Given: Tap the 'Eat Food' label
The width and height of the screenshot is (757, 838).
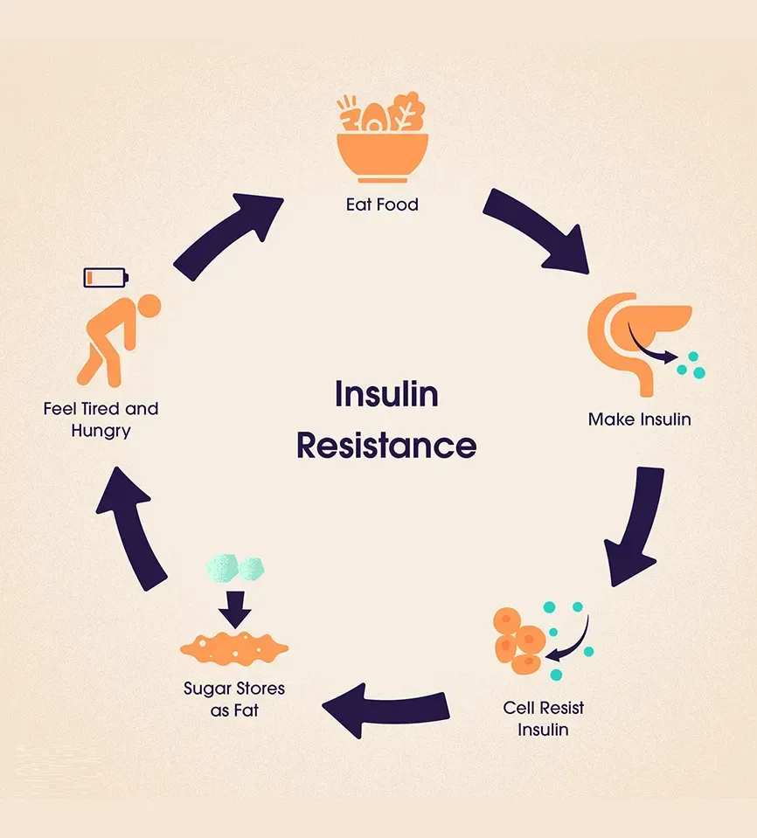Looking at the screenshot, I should pyautogui.click(x=382, y=205).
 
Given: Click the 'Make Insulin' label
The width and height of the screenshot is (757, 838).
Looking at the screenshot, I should pyautogui.click(x=639, y=419).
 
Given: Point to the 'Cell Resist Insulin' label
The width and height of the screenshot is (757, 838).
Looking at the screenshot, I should pyautogui.click(x=543, y=718).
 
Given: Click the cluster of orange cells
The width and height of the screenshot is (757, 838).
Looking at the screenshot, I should pyautogui.click(x=519, y=641).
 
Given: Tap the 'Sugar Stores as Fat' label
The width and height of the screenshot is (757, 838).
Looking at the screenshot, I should pyautogui.click(x=234, y=699).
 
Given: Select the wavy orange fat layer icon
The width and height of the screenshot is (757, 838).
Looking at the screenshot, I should pyautogui.click(x=234, y=648).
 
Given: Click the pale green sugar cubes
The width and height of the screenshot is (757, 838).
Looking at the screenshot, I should pyautogui.click(x=235, y=569).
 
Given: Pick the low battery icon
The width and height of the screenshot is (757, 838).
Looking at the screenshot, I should pyautogui.click(x=106, y=278).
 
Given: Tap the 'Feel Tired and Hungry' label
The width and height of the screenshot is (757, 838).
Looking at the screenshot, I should pyautogui.click(x=101, y=419).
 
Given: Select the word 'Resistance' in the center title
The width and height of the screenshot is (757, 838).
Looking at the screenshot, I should pyautogui.click(x=385, y=446).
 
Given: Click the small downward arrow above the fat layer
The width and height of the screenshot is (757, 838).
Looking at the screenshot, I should pyautogui.click(x=234, y=608).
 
